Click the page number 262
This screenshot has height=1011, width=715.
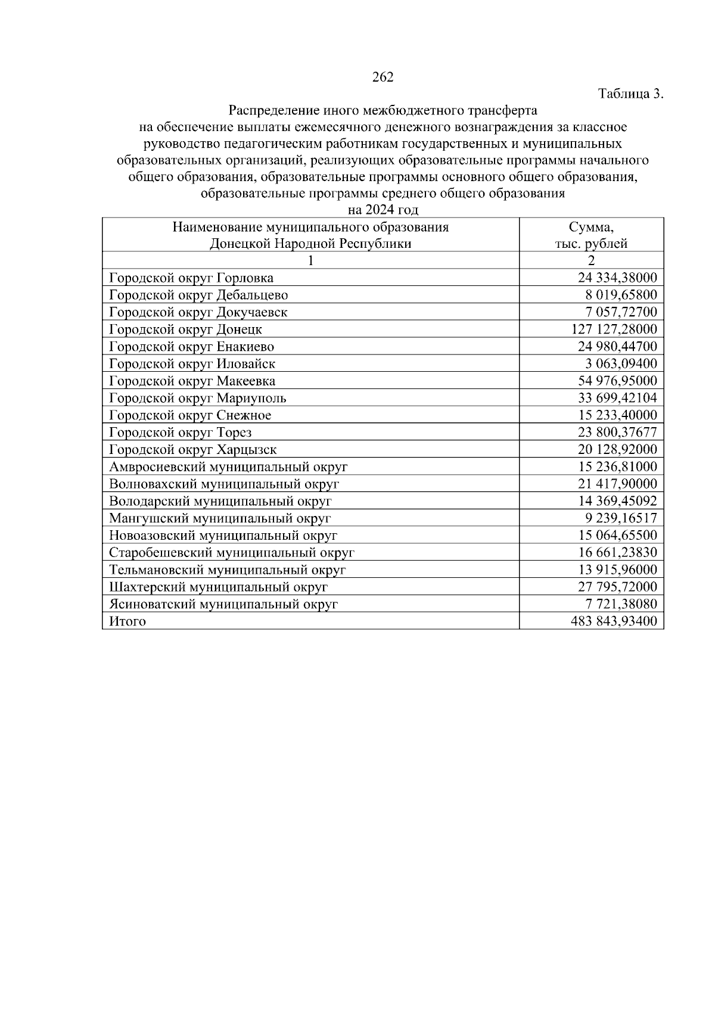click(383, 77)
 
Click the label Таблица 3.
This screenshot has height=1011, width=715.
click(630, 94)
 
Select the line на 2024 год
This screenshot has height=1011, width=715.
click(383, 210)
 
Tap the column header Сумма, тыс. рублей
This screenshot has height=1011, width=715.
click(591, 235)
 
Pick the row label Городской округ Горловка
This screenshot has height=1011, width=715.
click(191, 278)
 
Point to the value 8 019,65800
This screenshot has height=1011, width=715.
click(621, 295)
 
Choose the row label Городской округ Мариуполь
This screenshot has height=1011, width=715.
click(198, 398)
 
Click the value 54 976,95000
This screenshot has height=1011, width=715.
click(617, 381)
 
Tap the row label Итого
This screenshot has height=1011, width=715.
click(128, 621)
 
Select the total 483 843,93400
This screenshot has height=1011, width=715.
click(613, 621)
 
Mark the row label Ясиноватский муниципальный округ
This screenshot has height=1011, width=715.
click(223, 604)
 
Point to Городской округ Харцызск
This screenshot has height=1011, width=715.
click(193, 450)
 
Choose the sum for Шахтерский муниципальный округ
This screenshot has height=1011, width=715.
click(617, 587)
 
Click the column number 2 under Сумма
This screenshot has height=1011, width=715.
click(591, 260)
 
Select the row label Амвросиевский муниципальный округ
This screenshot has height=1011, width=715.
click(228, 467)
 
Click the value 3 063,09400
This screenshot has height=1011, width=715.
click(621, 363)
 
